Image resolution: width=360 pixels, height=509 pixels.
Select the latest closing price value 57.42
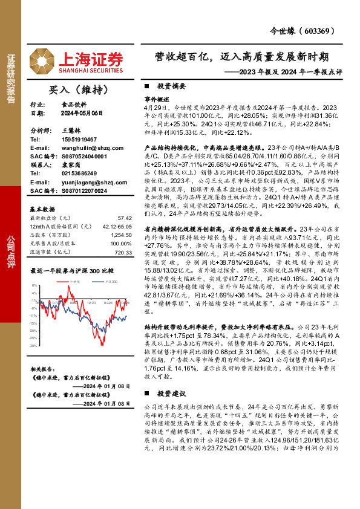(x=125, y=218)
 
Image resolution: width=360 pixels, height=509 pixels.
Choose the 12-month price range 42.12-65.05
(x=114, y=225)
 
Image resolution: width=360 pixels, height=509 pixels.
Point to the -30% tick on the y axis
(x=34, y=346)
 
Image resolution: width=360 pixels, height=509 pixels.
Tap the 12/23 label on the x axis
(x=91, y=302)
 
